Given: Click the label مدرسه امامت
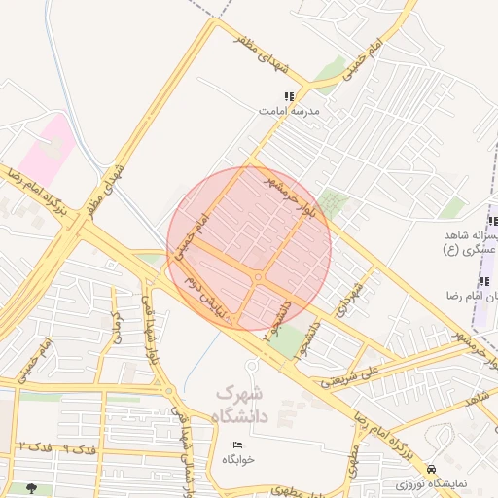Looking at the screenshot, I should click(289, 111).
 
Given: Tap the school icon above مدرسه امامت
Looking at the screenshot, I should click(289, 96).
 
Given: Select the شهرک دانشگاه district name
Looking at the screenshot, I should click(239, 404).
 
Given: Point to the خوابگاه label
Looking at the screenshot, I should click(238, 459).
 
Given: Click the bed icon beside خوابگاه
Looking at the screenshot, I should click(238, 445).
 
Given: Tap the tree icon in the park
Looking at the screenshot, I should click(34, 489).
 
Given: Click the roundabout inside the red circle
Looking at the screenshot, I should click(258, 278).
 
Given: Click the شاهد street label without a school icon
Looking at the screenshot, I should click(477, 400).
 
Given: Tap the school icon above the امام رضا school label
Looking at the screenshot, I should click(484, 282).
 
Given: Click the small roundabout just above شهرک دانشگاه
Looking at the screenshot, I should click(251, 366).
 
